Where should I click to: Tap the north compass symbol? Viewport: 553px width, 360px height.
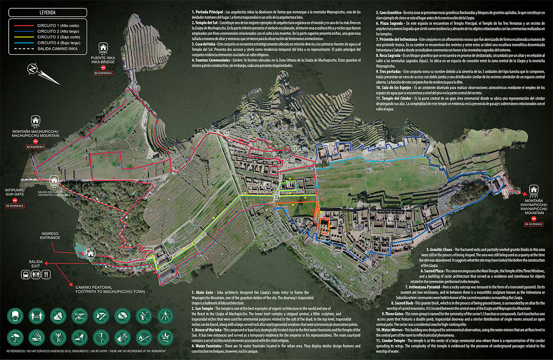click(33, 69)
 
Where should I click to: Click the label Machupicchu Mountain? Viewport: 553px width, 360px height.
click(35, 136)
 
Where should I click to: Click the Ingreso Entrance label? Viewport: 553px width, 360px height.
click(50, 236)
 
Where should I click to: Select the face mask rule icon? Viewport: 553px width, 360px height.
click(15, 316)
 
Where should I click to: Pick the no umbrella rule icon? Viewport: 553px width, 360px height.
click(15, 338)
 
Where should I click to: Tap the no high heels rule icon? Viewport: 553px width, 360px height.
click(79, 338)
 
